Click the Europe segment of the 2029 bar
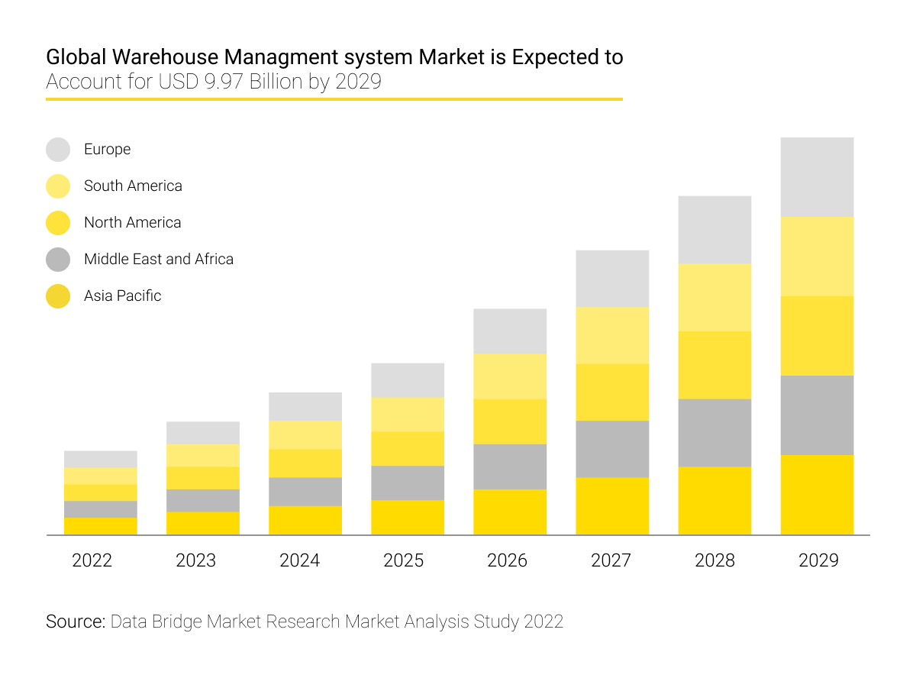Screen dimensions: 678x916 pos(817,177)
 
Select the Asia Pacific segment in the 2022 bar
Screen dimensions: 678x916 pos(100,526)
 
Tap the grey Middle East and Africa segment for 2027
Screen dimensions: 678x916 pos(612,449)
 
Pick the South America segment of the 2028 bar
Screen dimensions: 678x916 pos(714,297)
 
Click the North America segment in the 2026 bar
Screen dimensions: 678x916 pos(510,421)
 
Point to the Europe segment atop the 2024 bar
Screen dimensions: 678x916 pos(305,406)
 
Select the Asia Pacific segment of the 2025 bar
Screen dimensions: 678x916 pos(408,517)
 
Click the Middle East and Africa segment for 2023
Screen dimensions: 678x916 pos(202,500)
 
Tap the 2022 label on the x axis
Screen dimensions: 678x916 pos(92,560)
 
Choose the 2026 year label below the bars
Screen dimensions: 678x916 pos(507,560)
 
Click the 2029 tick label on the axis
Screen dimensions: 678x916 pos(818,560)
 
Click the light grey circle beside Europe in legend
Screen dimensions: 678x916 pos(58,150)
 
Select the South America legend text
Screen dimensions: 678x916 pos(133,186)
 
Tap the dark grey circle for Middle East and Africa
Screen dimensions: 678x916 pos(58,260)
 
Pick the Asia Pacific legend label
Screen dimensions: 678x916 pos(122,295)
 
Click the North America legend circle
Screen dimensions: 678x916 pos(58,223)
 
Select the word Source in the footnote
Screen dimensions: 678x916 pos(75,621)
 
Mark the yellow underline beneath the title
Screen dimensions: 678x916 pos(334,98)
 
